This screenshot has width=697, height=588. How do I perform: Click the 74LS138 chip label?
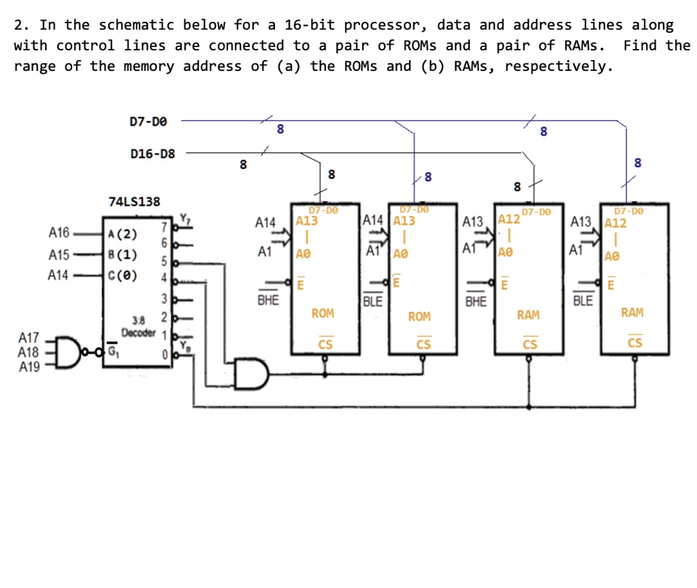135,201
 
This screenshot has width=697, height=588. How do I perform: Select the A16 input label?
59,233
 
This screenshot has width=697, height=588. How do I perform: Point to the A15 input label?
59,255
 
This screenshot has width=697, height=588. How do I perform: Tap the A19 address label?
29,367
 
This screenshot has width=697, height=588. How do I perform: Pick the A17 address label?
29,337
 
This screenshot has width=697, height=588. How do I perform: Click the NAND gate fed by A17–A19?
69,352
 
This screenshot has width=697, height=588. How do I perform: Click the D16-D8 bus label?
152,153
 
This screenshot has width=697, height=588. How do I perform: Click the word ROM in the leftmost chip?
323,313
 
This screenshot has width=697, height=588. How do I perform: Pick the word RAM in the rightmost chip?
632,313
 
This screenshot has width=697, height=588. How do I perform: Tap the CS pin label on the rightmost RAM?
634,343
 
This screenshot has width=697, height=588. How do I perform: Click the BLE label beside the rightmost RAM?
583,300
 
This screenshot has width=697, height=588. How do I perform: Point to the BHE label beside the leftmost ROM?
268,300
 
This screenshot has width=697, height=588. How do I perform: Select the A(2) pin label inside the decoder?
123,235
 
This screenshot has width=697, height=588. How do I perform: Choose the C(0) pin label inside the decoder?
123,276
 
